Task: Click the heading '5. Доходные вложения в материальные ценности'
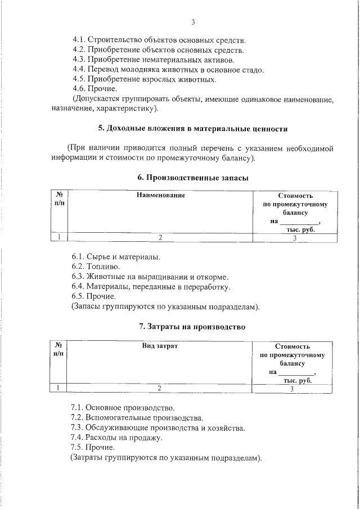[x=193, y=129]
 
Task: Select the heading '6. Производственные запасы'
[x=193, y=177]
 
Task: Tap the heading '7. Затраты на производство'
[x=192, y=327]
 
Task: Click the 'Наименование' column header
[x=160, y=195]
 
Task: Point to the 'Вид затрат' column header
[x=159, y=346]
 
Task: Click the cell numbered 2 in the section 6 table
[x=160, y=238]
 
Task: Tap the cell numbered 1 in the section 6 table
[x=58, y=238]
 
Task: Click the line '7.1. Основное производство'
[x=123, y=407]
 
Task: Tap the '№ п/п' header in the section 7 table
[x=58, y=350]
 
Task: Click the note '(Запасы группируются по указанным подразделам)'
[x=165, y=307]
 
